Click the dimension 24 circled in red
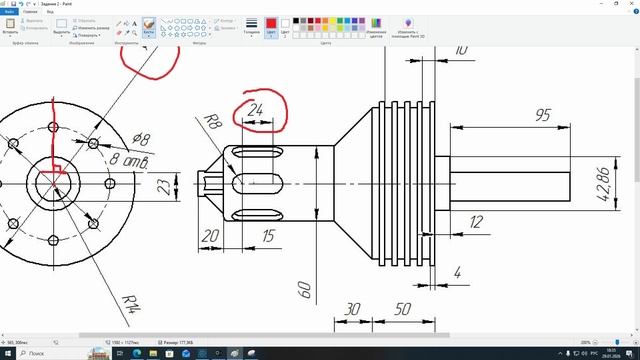(x=256, y=110)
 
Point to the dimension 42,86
(x=604, y=184)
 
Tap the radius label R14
(x=131, y=303)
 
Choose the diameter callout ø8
(x=141, y=140)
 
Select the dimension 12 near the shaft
(x=475, y=222)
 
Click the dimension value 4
(x=457, y=272)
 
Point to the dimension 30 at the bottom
(x=352, y=310)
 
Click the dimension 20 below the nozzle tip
(x=210, y=236)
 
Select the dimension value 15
(x=268, y=236)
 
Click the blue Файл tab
(x=9, y=12)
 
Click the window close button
(x=629, y=3)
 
